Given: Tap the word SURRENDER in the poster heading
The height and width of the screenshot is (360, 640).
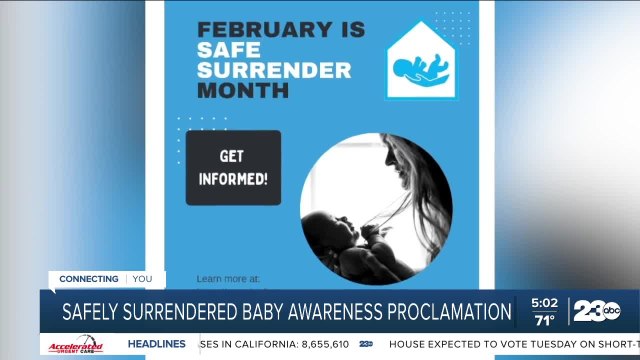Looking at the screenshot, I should tap(274, 70).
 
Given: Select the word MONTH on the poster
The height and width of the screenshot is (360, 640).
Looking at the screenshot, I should tap(243, 90).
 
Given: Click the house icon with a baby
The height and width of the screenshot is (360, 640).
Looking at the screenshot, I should tap(421, 62).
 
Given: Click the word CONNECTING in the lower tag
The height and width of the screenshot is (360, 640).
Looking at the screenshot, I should tap(89, 279).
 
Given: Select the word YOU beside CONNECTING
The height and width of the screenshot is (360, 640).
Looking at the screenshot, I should tap(142, 279).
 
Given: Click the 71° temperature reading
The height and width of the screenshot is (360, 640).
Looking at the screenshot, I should tap(544, 321).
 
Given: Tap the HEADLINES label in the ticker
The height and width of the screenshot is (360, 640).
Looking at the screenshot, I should tap(157, 344).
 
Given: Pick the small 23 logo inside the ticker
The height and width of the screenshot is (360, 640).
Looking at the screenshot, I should tap(366, 344).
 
